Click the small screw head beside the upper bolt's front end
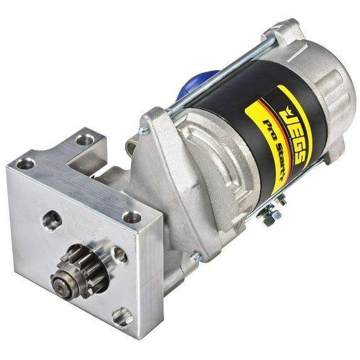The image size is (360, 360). point(145,131)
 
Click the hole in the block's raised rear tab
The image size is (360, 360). point(85,139)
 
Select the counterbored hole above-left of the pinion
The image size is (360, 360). point(52,219)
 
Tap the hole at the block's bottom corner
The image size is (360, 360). point(123,317)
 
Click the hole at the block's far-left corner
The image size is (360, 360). point(26,164)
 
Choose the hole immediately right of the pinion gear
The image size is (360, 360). point(119,254)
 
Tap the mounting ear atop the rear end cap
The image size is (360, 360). point(283,31)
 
